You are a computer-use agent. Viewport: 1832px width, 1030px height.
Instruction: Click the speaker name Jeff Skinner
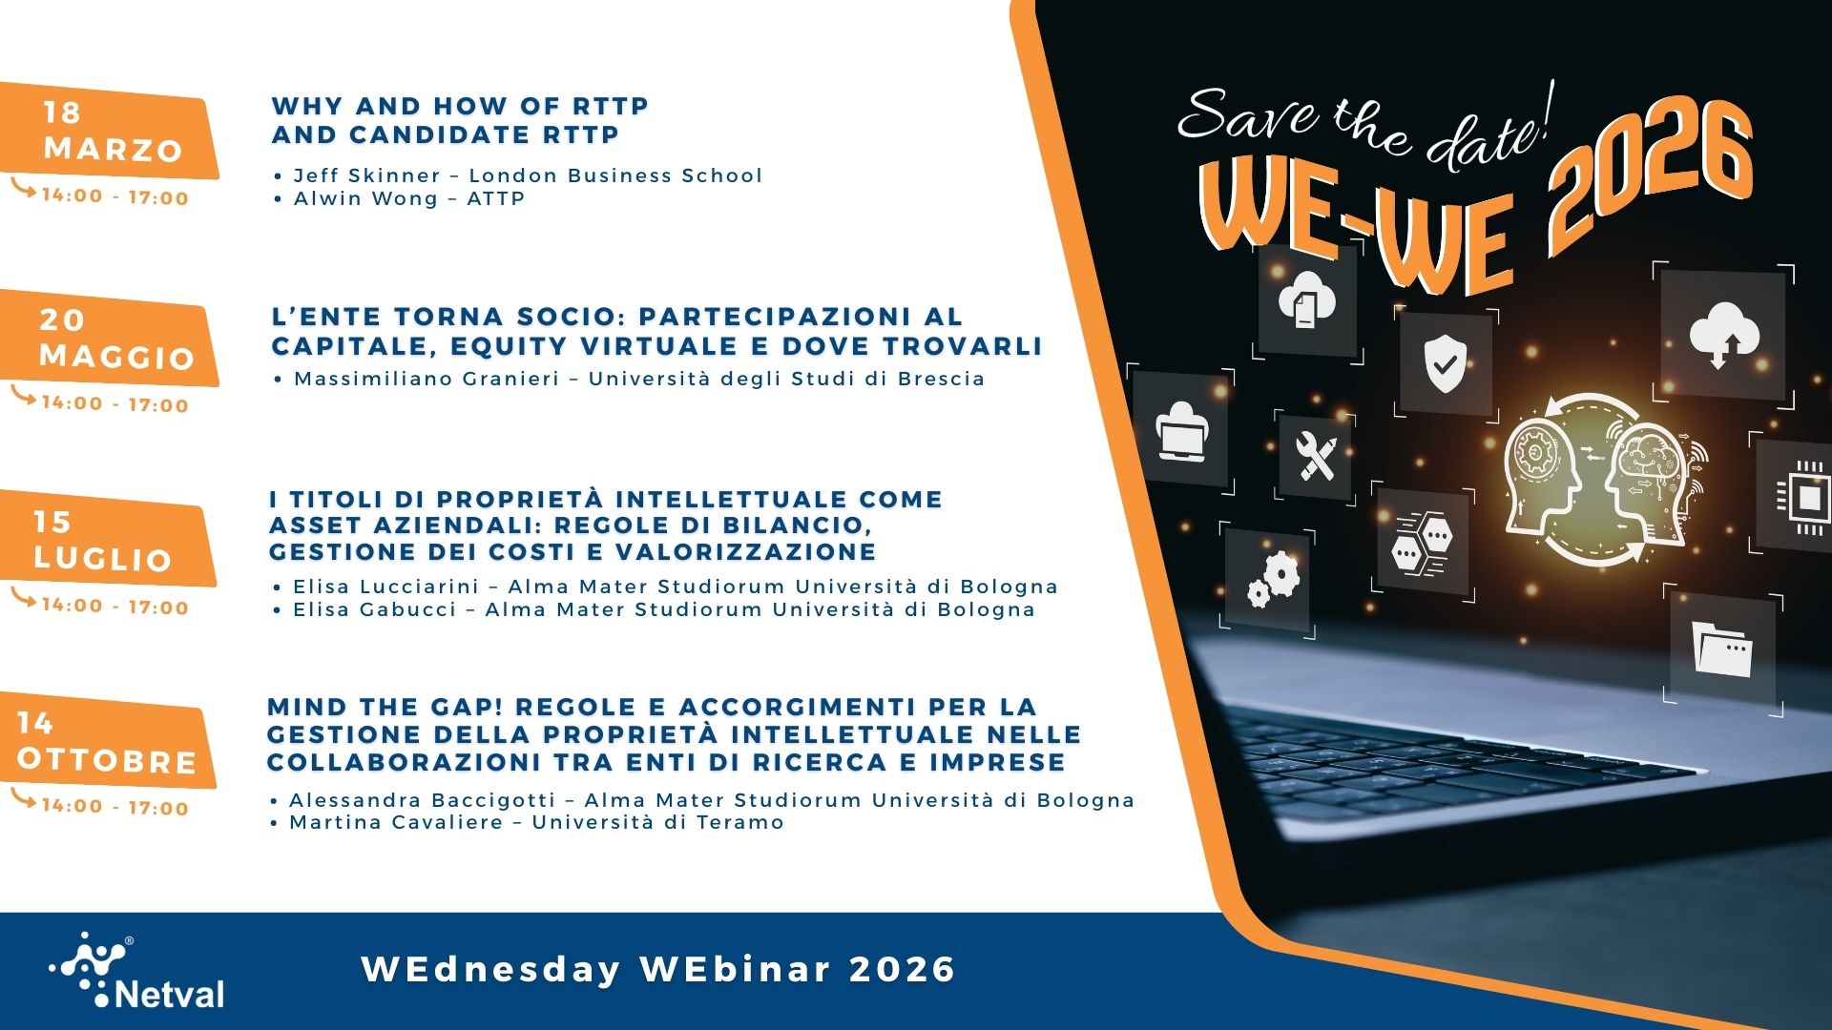pyautogui.click(x=366, y=175)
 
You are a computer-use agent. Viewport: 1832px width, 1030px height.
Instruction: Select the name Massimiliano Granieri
pyautogui.click(x=426, y=379)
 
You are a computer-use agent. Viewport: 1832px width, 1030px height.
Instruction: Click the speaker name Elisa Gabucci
pyautogui.click(x=374, y=609)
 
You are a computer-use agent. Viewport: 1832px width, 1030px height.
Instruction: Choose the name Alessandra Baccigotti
pyautogui.click(x=422, y=800)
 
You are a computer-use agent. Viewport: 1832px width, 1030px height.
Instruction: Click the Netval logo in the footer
pyautogui.click(x=138, y=971)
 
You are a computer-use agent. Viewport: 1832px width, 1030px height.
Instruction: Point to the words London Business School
pyautogui.click(x=615, y=175)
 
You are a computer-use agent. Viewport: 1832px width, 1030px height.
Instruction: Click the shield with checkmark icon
pyautogui.click(x=1445, y=363)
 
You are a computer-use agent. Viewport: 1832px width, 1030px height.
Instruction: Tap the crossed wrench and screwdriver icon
pyautogui.click(x=1317, y=457)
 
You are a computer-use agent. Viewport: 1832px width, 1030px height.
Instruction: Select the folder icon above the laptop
pyautogui.click(x=1723, y=650)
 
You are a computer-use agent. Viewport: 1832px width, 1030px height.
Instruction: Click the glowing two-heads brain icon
pyautogui.click(x=1593, y=477)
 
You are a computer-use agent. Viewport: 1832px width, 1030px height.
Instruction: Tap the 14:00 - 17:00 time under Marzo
pyautogui.click(x=114, y=197)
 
